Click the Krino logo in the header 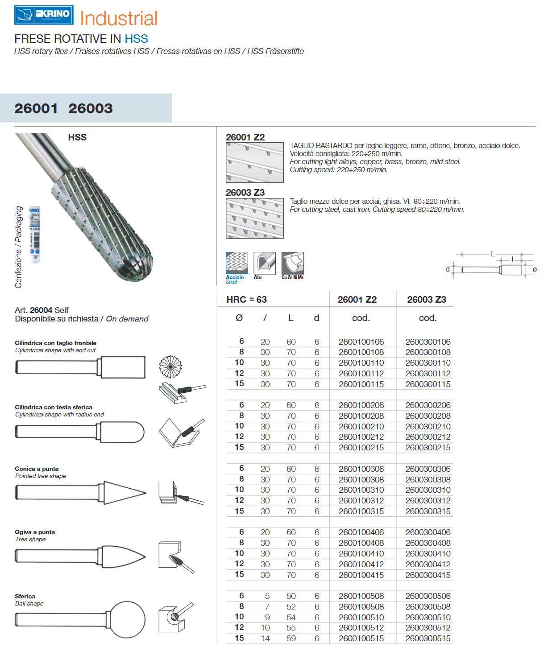(44, 15)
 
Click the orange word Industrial (119, 19)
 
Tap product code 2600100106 (361, 342)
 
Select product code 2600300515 (428, 639)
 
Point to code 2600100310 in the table (361, 490)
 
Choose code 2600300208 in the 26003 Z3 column (428, 416)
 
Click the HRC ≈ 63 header (246, 300)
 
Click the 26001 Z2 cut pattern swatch (254, 163)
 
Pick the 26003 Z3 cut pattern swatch (254, 218)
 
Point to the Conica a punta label (37, 469)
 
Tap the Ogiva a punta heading (35, 532)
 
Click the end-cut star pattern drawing (170, 367)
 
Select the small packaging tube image (35, 234)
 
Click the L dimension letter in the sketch (493, 254)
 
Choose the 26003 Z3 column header (426, 300)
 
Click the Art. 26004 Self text (42, 310)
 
